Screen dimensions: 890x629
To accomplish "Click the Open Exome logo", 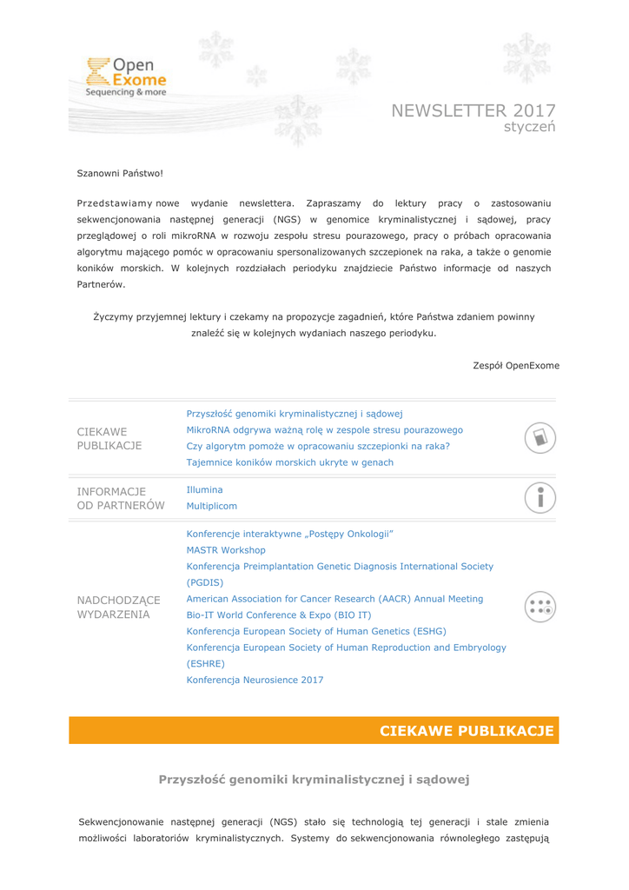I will coord(127,75).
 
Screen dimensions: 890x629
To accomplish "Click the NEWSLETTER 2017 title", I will coord(473,110).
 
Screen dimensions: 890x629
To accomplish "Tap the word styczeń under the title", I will coord(529,127).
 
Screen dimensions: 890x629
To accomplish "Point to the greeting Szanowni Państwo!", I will coord(120,174).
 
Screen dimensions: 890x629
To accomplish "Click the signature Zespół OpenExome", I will coord(516,365).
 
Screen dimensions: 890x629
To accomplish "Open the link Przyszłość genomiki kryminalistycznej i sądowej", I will coord(294,414).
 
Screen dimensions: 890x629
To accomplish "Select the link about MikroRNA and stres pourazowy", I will coord(324,429).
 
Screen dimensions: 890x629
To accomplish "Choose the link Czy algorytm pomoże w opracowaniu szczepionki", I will coord(318,446).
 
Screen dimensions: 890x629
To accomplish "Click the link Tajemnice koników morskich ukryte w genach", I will coord(289,462).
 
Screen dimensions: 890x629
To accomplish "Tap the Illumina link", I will coord(204,490).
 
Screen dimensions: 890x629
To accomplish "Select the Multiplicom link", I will coord(211,506).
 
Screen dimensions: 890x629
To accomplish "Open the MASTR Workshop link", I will coord(226,550).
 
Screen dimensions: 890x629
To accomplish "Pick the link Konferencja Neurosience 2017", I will coord(255,681).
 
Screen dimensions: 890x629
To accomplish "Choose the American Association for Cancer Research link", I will coord(334,599).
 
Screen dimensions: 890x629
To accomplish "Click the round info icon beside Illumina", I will coord(540,497).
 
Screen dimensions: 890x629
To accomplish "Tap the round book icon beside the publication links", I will coord(540,437).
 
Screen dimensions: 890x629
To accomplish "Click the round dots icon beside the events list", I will coord(540,607).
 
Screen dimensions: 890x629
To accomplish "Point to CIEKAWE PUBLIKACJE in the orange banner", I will coord(467,731).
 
